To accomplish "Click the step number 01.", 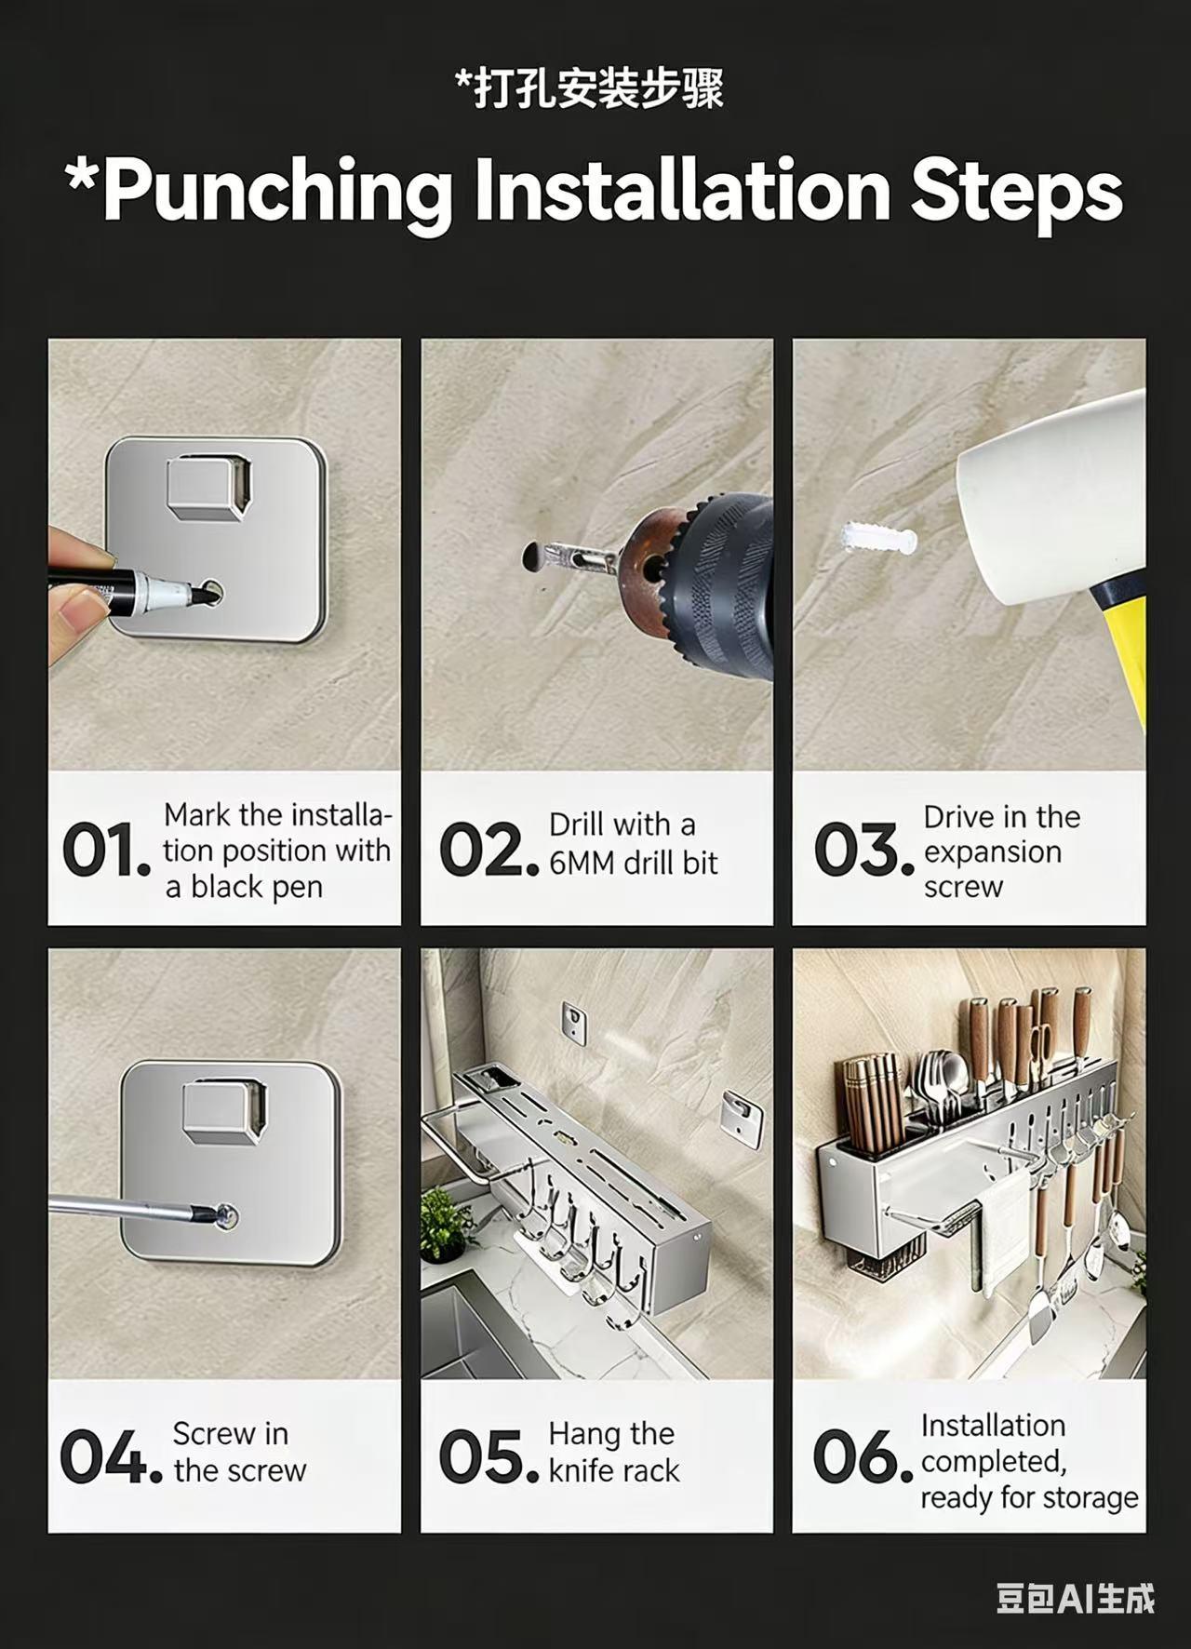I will pyautogui.click(x=104, y=851).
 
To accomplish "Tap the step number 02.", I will pyautogui.click(x=488, y=851).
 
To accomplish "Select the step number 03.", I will pyautogui.click(x=863, y=851).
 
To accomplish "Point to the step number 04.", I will pyautogui.click(x=110, y=1456).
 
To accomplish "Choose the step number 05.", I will pyautogui.click(x=488, y=1456).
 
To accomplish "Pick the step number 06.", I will pyautogui.click(x=862, y=1456).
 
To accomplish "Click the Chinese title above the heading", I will pyautogui.click(x=589, y=90).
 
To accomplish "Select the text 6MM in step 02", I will pyautogui.click(x=582, y=864).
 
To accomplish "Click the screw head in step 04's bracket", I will pyautogui.click(x=224, y=1213).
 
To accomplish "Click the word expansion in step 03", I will pyautogui.click(x=992, y=852).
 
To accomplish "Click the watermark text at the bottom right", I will pyautogui.click(x=1075, y=1599).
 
